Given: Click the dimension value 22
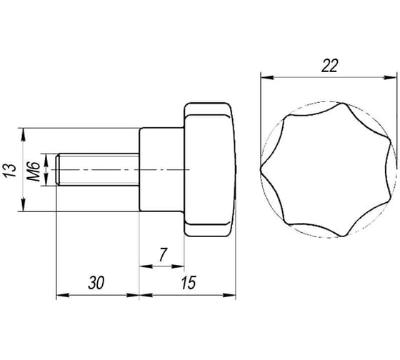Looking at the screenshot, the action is [x=329, y=66].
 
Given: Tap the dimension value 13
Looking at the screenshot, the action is [x=10, y=171].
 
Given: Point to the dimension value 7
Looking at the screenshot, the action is [x=162, y=254].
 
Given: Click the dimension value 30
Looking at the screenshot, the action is [x=96, y=283].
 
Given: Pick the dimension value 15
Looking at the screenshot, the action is [x=189, y=283].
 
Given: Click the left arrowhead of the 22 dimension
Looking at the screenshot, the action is [x=267, y=77].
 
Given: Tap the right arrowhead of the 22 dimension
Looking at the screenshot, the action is [x=390, y=77].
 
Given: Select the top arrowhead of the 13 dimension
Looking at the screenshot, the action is [x=23, y=134].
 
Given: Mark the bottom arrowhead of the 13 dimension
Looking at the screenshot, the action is [x=23, y=205].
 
